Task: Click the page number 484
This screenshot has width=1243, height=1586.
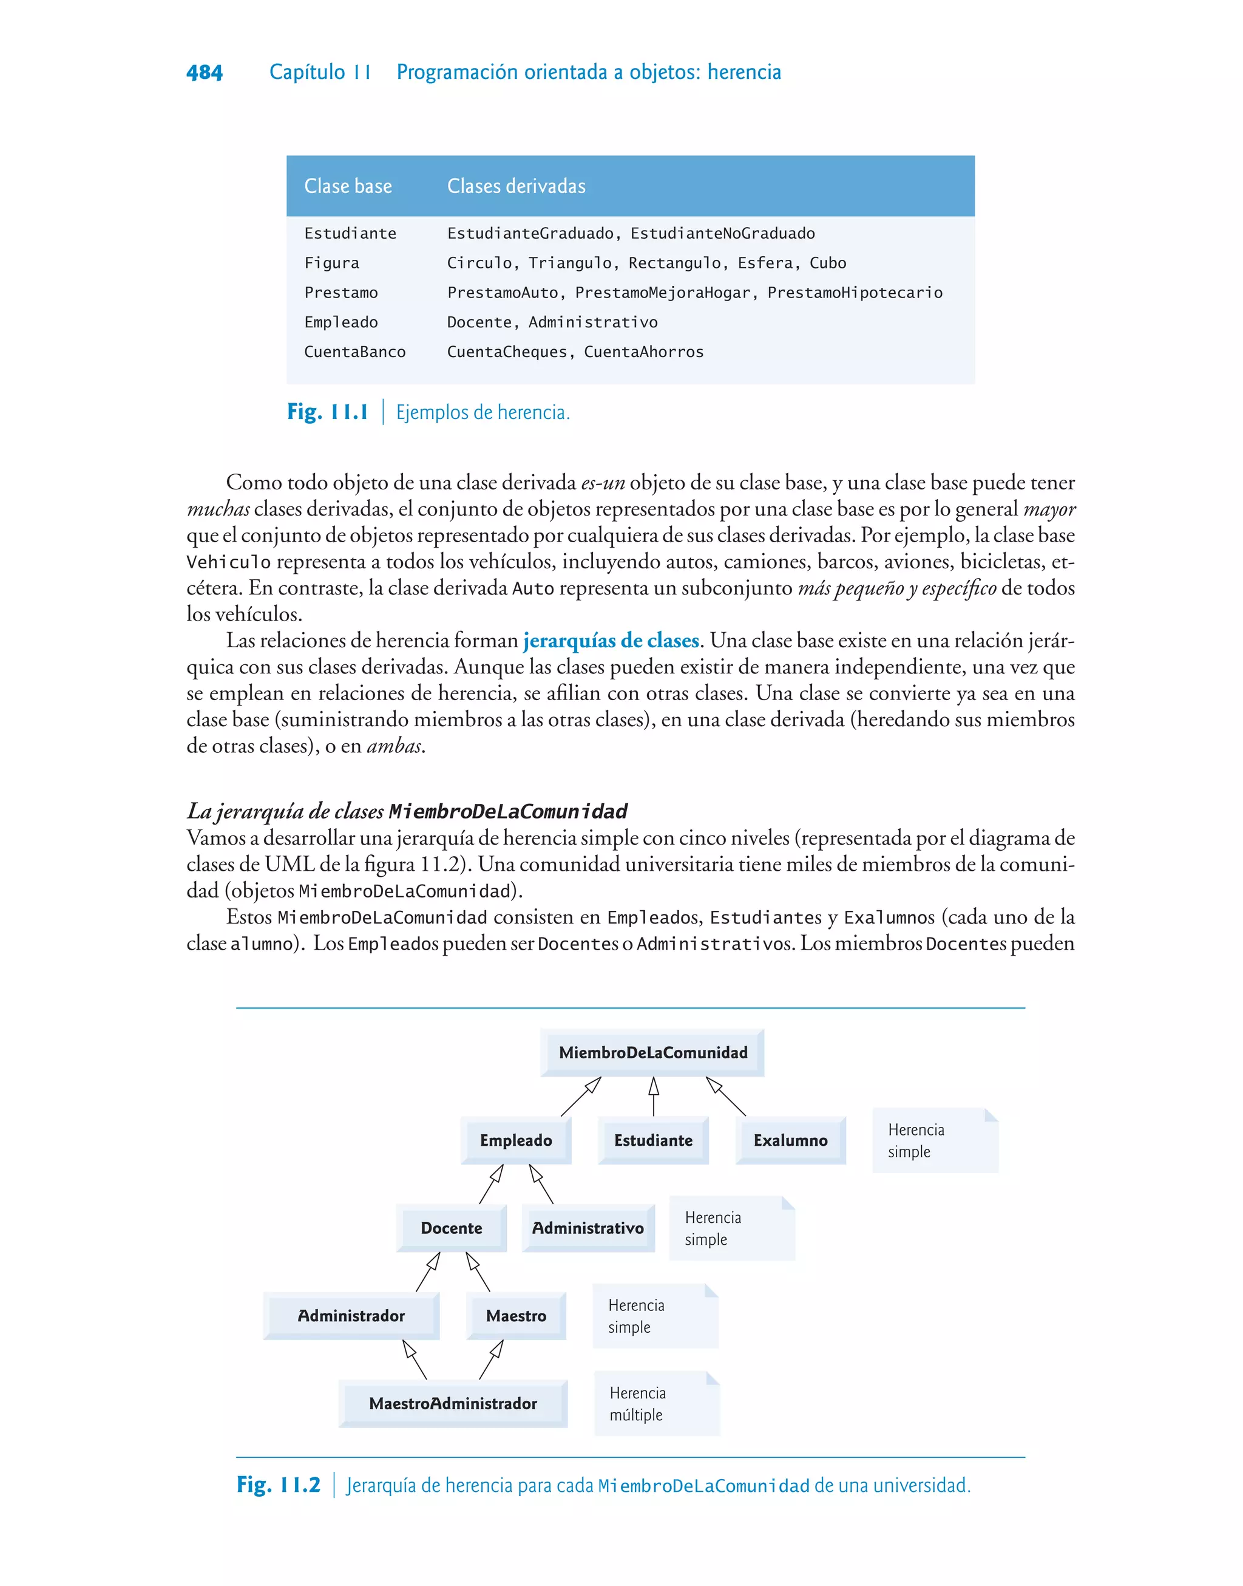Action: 205,72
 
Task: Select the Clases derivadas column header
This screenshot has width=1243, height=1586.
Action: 516,186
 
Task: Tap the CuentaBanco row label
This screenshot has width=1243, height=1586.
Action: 354,352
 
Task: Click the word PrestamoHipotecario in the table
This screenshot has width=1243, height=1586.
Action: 855,293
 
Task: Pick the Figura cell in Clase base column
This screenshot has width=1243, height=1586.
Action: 332,263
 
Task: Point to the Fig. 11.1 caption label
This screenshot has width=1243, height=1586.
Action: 328,412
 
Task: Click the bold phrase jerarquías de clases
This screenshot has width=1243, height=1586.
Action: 611,641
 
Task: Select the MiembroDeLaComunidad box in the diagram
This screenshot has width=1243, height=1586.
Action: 653,1052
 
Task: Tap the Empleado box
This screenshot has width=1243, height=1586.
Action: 515,1140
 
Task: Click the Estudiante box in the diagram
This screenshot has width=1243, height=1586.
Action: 653,1140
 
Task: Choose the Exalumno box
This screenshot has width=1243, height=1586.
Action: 790,1140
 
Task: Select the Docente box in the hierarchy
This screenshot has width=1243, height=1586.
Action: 451,1228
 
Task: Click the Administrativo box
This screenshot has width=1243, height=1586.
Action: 588,1228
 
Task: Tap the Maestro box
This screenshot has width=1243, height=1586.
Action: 516,1316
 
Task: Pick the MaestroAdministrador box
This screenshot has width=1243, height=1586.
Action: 453,1404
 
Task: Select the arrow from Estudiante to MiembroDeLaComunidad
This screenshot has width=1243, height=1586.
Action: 654,1097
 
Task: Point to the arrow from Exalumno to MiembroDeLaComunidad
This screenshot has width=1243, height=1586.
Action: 726,1097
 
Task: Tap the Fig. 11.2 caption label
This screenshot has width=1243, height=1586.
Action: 279,1485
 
